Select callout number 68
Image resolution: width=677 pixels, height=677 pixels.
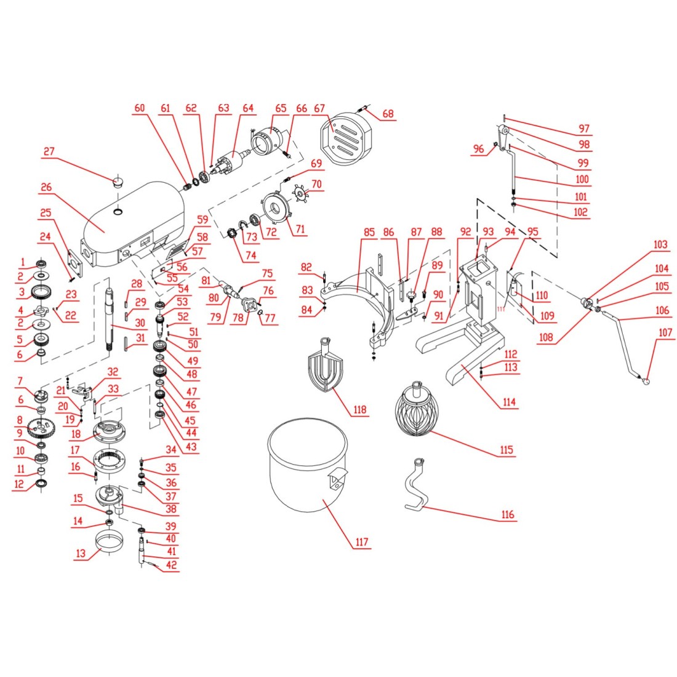click(388, 114)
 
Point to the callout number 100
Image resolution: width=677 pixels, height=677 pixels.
click(582, 180)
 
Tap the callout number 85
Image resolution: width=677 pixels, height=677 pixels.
click(369, 233)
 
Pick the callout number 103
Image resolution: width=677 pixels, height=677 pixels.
click(660, 245)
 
